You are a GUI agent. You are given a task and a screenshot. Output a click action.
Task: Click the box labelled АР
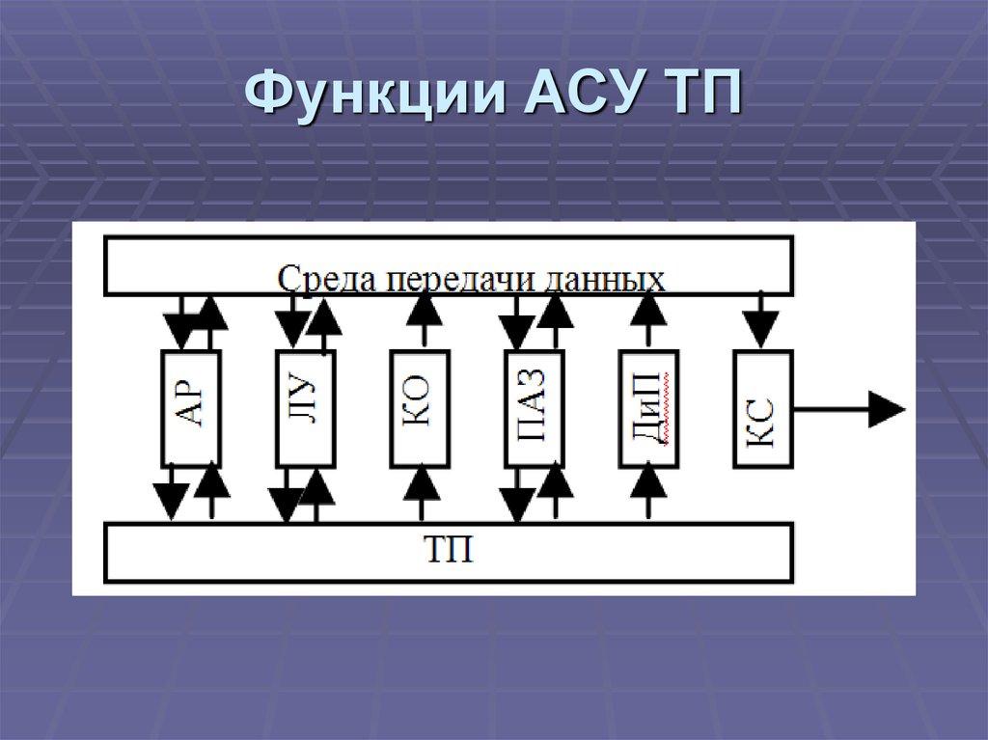(190, 408)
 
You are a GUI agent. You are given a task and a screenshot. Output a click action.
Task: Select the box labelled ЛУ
(305, 408)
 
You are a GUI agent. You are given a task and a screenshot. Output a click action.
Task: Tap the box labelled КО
(420, 408)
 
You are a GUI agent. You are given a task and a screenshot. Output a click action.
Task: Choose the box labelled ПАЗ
(535, 408)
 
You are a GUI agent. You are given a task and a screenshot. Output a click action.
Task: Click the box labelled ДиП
(648, 408)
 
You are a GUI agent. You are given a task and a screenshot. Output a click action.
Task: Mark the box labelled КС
(762, 408)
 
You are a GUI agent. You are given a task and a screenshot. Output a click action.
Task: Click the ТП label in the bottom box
(449, 553)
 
